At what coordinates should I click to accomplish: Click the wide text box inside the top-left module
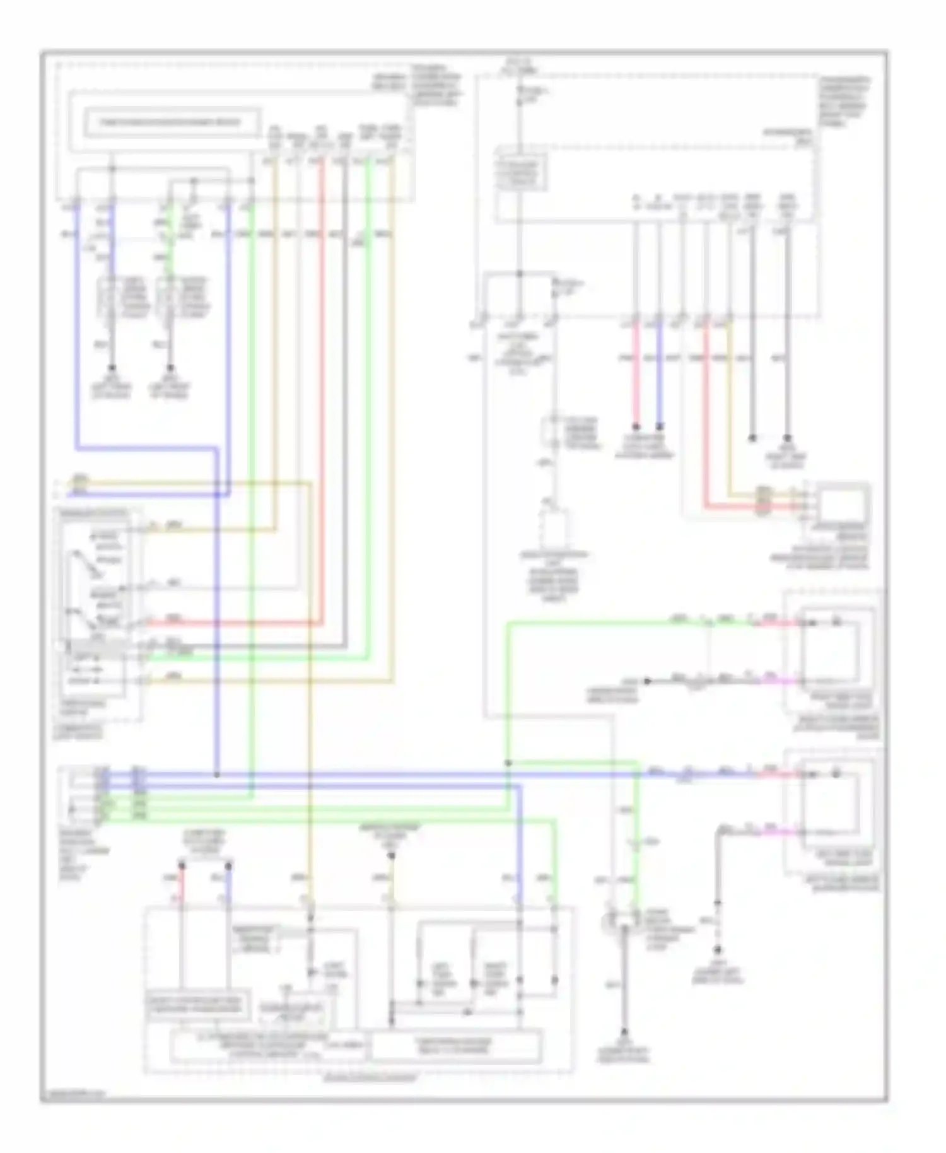(x=172, y=122)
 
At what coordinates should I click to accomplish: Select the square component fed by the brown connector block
(x=842, y=501)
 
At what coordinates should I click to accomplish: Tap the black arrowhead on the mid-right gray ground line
(x=647, y=681)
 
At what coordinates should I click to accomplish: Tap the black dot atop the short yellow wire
(x=391, y=856)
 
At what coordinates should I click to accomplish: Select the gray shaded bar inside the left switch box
(x=95, y=647)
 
